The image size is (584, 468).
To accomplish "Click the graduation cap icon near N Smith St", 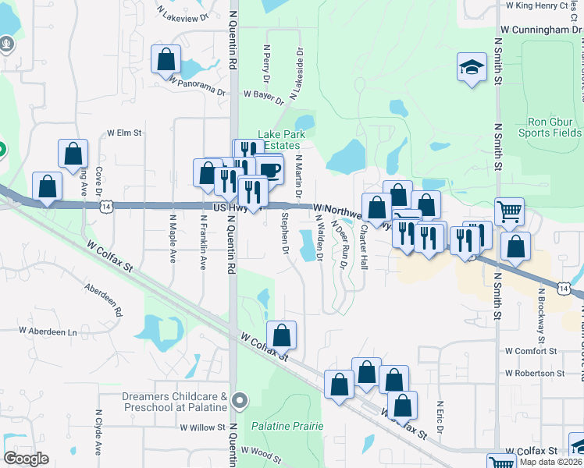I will (472, 66).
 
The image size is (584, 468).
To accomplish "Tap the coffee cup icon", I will (269, 168).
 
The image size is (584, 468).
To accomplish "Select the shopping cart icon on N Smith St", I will (509, 211).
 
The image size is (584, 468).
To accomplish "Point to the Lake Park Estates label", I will (280, 140).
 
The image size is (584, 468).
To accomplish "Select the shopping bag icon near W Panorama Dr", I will (166, 58).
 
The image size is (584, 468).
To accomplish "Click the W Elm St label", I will (124, 133).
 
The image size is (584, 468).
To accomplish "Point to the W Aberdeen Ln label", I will (48, 331).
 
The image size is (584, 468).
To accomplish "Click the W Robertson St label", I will (534, 374).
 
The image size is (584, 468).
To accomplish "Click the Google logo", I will (26, 459).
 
